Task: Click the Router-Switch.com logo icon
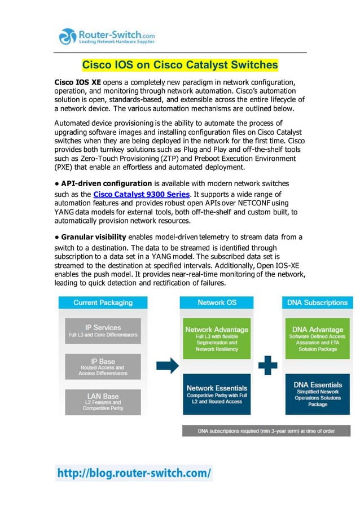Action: point(68,36)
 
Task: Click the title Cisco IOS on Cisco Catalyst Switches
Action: point(180,65)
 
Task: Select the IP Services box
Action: point(102,331)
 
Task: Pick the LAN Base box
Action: point(102,401)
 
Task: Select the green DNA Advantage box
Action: point(318,337)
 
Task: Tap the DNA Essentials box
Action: point(318,393)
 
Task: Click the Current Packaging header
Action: point(103,302)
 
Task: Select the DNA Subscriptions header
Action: point(318,302)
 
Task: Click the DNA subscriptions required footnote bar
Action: point(266,431)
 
